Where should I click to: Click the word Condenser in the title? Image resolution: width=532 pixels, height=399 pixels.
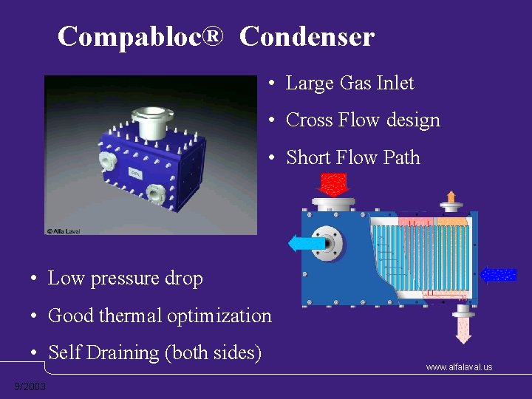tap(307, 35)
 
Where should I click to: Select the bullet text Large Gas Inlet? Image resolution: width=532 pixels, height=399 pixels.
tap(349, 83)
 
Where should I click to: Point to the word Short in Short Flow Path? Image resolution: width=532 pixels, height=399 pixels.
tap(309, 157)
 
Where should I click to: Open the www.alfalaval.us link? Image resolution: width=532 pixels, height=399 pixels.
tap(459, 367)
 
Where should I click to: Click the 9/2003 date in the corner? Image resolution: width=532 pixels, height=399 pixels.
tap(30, 387)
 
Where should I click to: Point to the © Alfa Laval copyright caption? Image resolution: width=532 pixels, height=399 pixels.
tap(64, 231)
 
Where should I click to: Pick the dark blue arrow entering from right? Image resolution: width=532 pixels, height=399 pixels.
tap(498, 275)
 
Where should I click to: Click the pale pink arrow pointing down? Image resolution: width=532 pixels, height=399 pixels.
tap(463, 330)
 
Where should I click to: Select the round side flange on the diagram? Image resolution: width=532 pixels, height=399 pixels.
tap(330, 243)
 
